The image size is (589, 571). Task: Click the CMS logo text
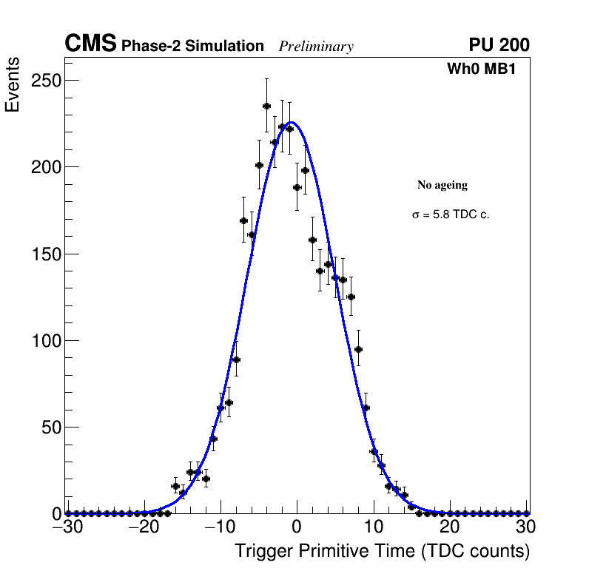[90, 44]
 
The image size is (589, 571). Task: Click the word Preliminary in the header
[316, 47]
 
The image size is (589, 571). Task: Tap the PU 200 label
[499, 45]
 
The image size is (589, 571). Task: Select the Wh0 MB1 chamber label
[481, 69]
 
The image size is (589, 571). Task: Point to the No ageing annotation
[442, 185]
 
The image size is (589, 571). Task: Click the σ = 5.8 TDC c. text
[451, 215]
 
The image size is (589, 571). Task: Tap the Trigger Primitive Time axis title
[382, 551]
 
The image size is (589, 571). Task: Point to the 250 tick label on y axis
[45, 80]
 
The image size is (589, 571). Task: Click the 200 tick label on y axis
[45, 167]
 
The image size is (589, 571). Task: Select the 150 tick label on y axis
[45, 254]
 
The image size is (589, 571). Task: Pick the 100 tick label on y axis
[45, 341]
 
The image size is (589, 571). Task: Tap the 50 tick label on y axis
[50, 428]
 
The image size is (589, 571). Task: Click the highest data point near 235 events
[266, 106]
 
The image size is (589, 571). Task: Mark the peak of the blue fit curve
[292, 122]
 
